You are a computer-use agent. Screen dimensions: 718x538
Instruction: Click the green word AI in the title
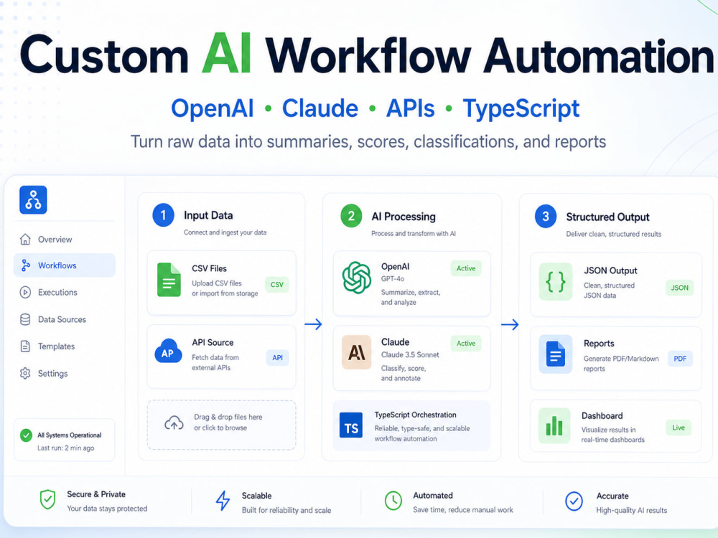[226, 54]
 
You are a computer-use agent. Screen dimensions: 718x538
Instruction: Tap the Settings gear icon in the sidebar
[25, 373]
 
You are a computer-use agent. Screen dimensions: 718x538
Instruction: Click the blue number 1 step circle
[163, 215]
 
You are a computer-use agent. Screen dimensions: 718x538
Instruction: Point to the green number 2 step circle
[351, 216]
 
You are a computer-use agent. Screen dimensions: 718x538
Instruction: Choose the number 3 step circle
[546, 217]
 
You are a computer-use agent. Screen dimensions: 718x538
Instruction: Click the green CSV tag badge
[276, 284]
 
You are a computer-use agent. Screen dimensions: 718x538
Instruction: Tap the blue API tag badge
[277, 358]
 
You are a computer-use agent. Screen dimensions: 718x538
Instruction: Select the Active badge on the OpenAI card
[466, 268]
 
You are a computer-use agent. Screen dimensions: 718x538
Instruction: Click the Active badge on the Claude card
[466, 344]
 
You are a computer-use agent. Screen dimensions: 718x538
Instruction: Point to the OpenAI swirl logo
[357, 277]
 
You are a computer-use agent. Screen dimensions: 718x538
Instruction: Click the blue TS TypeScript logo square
[351, 425]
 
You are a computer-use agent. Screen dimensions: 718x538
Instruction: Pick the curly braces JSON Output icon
[556, 282]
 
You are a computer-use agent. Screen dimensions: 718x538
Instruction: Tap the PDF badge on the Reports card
[680, 359]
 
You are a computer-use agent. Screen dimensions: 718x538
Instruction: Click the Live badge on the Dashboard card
[679, 428]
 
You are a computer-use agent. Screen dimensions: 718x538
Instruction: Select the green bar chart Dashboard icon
[554, 425]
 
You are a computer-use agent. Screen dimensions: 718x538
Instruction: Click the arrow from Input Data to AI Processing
[313, 324]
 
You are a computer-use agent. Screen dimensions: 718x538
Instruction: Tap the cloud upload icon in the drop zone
[174, 423]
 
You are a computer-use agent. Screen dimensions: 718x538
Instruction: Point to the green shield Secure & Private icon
[47, 499]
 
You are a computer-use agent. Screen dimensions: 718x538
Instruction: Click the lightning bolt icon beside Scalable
[223, 501]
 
